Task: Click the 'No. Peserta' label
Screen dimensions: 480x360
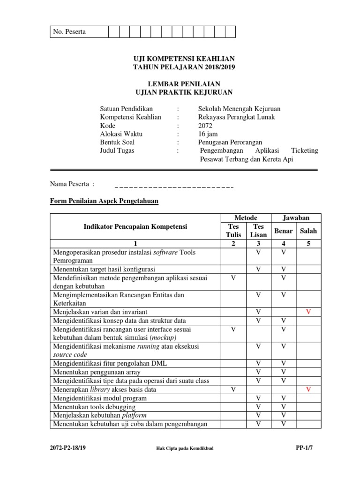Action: [69, 32]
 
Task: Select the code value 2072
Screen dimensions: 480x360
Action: [205, 126]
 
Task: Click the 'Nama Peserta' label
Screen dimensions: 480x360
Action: [72, 184]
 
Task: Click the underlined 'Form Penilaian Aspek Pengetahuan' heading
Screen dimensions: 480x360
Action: [104, 202]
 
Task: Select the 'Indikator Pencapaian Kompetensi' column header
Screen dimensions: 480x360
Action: [135, 227]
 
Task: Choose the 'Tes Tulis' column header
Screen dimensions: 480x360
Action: [233, 231]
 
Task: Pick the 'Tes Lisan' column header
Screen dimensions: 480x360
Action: [258, 231]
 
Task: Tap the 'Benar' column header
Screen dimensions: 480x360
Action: [283, 231]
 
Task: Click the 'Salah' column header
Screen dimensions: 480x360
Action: [308, 231]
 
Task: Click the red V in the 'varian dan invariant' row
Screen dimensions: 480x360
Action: [308, 312]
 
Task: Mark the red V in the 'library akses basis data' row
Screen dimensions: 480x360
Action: [308, 390]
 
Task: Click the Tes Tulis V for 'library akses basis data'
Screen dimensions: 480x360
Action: [233, 390]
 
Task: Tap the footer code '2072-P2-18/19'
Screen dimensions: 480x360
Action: [68, 448]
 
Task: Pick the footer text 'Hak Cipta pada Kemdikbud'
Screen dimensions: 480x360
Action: [185, 449]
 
